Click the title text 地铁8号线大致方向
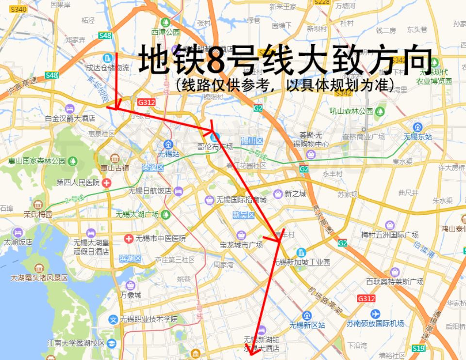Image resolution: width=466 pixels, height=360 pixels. [285, 60]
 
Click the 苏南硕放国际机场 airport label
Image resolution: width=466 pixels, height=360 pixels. [375, 324]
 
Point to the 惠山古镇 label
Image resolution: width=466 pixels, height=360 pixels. [115, 168]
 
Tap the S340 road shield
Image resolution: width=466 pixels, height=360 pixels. [18, 9]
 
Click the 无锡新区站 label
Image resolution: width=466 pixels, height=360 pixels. [307, 325]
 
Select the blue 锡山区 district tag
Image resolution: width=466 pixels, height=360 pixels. [251, 141]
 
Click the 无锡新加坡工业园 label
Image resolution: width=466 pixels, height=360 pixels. [302, 262]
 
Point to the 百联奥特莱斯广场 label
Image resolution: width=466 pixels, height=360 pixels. [395, 281]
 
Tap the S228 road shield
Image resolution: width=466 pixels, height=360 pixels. [321, 2]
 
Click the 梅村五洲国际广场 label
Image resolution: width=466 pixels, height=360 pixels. [389, 235]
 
